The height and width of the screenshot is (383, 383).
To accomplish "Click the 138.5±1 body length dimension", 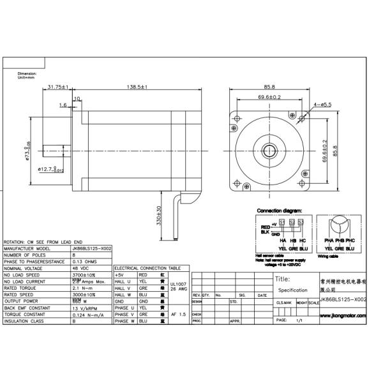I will coord(135,87).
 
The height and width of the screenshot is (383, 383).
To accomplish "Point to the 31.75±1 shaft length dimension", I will coord(59,87).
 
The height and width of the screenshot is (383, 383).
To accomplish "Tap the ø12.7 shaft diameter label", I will coord(50,169).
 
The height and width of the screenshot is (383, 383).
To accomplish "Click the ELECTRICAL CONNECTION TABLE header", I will coord(147,269).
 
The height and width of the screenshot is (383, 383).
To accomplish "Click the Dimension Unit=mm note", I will coord(28,75).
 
